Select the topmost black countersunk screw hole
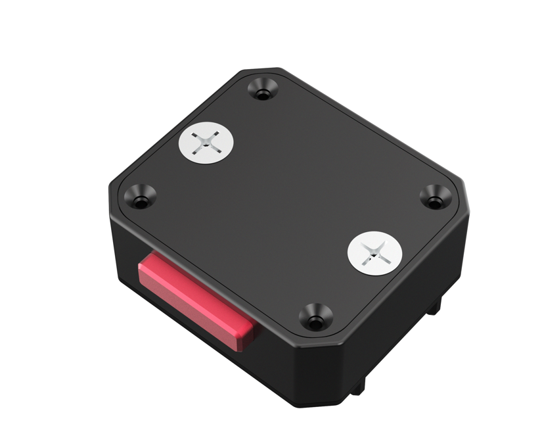(263, 89)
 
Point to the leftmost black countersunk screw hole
(141, 197)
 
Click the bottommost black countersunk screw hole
(315, 318)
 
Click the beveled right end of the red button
(246, 334)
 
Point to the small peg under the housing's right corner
(434, 304)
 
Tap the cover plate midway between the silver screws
(290, 197)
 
